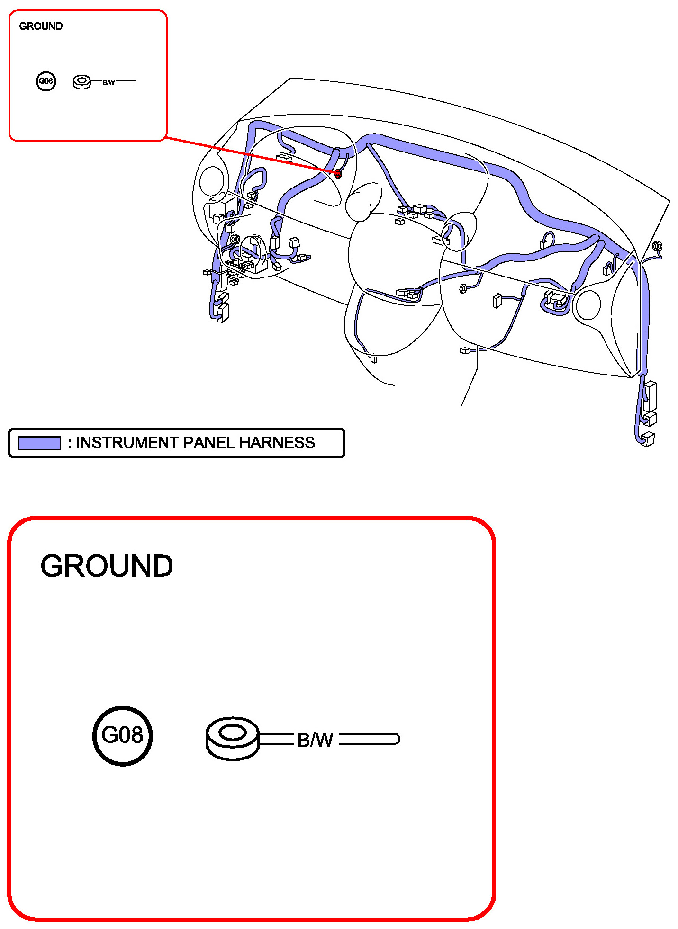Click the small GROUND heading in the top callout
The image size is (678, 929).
coord(41,26)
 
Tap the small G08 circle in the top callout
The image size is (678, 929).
coord(46,81)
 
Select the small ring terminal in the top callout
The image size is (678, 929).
coord(81,82)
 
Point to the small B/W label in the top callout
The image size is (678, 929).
coord(108,83)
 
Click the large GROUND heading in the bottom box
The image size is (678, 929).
coord(107,566)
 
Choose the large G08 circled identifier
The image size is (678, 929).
coord(122,735)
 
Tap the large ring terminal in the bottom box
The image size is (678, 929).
coord(233,738)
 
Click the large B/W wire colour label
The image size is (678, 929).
coord(315,740)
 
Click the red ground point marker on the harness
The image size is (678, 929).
coord(338,174)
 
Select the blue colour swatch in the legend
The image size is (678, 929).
coord(39,443)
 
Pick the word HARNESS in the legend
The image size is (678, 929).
coord(277,443)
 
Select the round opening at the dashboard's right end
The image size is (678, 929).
coord(588,304)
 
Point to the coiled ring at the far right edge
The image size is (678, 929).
coord(658,246)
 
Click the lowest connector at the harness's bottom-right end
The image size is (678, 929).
coord(647,438)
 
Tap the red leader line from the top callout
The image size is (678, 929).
coord(251,156)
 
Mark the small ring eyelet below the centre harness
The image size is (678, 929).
coord(463,288)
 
